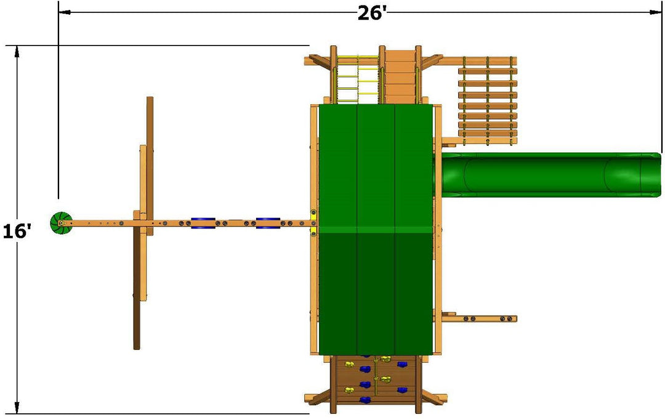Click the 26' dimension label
(371, 13)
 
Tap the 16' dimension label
(17, 232)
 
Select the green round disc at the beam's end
(61, 223)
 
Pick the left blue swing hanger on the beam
(203, 223)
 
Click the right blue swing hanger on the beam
(268, 223)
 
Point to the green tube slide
(545, 175)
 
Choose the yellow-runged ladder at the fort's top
(358, 79)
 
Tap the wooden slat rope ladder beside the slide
(488, 100)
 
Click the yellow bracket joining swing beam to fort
(313, 222)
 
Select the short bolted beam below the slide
(479, 318)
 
